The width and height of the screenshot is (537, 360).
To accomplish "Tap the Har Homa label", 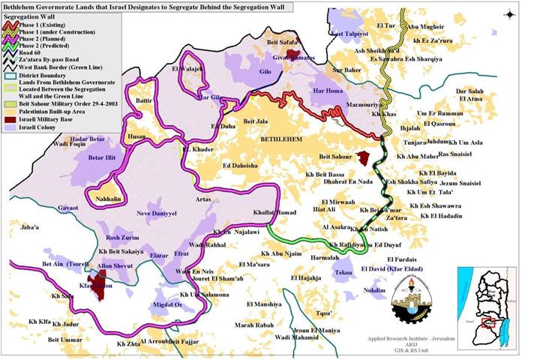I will pyautogui.click(x=327, y=92).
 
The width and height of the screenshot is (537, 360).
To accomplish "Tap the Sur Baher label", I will pyautogui.click(x=348, y=70).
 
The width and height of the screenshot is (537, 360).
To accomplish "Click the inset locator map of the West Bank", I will pyautogui.click(x=491, y=302).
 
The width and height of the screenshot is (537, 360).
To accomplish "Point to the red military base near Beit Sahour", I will pyautogui.click(x=364, y=158).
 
